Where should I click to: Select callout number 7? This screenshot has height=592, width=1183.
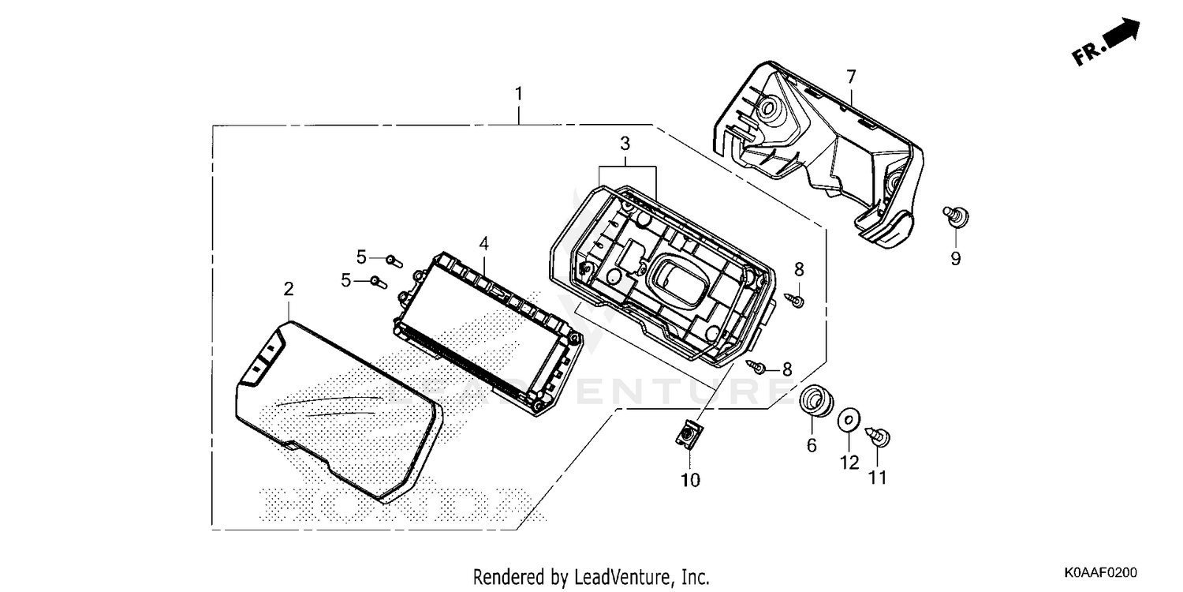(x=851, y=77)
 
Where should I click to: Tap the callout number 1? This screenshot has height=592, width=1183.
(x=519, y=94)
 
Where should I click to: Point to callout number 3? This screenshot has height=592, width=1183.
(x=625, y=143)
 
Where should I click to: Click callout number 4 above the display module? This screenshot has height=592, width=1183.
(x=483, y=244)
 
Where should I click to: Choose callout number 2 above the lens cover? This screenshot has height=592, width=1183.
(x=289, y=289)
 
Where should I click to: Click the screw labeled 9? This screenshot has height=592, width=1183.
(x=956, y=215)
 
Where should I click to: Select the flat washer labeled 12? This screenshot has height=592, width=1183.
(x=849, y=420)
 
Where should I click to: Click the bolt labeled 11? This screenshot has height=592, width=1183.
(x=879, y=437)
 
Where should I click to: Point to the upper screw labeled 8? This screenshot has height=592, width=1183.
(x=795, y=300)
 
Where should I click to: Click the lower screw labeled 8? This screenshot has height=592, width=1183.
(x=756, y=366)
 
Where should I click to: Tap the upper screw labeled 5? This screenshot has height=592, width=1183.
(x=394, y=260)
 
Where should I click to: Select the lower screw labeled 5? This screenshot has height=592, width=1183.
(x=379, y=282)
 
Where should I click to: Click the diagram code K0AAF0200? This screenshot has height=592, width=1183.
(x=1100, y=572)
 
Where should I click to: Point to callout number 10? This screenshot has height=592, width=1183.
(x=690, y=480)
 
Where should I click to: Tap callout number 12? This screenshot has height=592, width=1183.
(x=849, y=463)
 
